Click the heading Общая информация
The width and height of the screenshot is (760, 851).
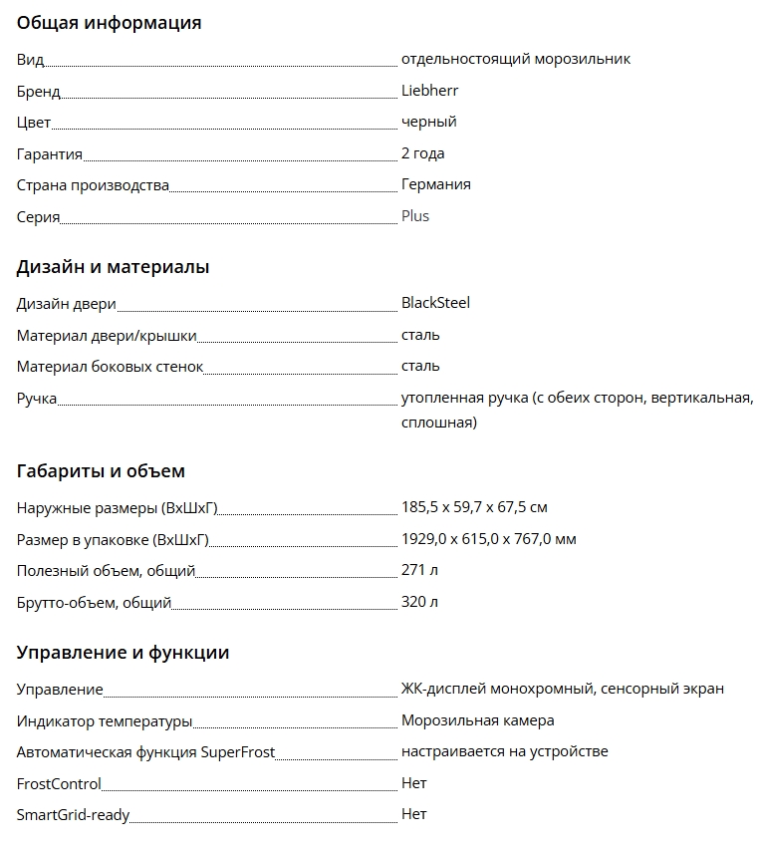[109, 23]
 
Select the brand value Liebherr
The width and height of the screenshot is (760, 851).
[429, 91]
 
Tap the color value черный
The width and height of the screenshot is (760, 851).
[428, 122]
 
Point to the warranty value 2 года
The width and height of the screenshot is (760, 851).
[422, 153]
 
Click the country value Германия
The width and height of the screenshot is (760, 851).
[435, 184]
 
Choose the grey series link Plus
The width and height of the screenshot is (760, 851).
[415, 216]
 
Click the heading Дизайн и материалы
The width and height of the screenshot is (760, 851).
[113, 267]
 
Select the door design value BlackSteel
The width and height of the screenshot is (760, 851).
[435, 303]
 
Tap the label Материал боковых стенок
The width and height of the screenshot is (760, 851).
[110, 367]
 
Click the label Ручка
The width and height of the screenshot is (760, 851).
[37, 399]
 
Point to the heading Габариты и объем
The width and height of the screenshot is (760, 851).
[101, 471]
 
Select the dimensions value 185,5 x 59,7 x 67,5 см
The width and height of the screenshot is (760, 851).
[474, 507]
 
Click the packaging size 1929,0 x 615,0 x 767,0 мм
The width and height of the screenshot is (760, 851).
[488, 539]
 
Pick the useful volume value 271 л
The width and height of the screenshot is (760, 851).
[419, 571]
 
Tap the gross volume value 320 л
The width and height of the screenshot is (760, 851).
[419, 602]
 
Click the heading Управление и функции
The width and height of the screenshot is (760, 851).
[123, 653]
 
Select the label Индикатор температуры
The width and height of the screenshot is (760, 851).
[105, 720]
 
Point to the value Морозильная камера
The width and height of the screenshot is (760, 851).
[477, 720]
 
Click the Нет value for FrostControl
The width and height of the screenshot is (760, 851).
[413, 783]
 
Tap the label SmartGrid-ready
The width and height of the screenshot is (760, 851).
[73, 815]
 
